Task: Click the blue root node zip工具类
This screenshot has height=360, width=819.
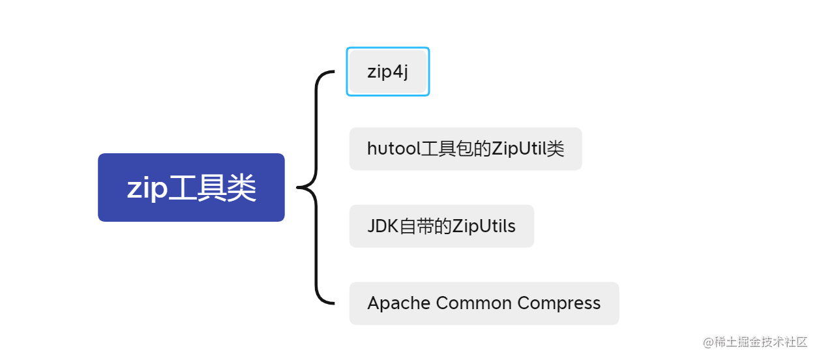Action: coord(191,188)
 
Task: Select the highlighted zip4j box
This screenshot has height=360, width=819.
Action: coord(388,72)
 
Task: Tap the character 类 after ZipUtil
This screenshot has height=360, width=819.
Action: coord(556,149)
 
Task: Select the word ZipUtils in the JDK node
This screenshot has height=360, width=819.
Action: coord(484,226)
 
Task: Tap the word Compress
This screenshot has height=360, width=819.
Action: coord(559,303)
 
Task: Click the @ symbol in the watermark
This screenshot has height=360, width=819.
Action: coord(708,342)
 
